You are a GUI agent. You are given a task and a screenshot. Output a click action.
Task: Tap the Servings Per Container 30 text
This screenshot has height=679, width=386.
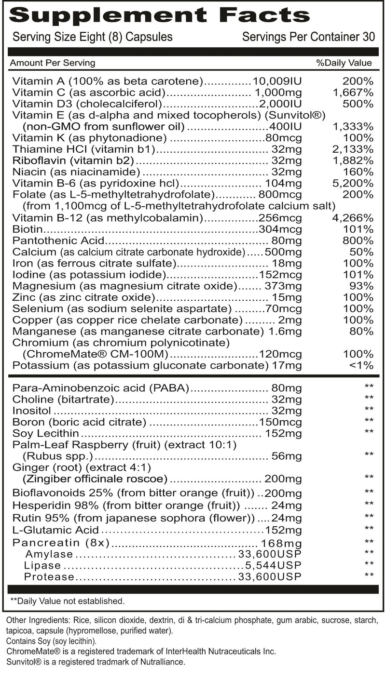(309, 37)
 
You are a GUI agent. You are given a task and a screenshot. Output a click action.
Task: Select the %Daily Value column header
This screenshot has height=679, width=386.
(344, 63)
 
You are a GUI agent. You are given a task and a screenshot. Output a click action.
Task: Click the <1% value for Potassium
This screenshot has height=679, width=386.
(360, 365)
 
